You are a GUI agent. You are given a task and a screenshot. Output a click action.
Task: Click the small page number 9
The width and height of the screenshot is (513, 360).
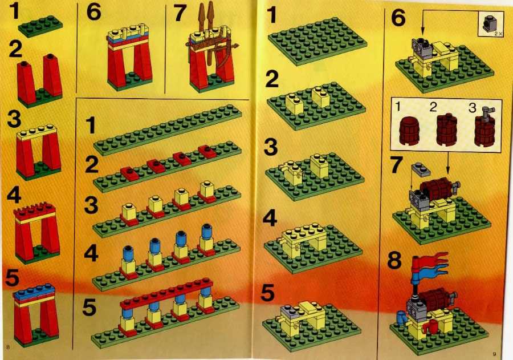[x=494, y=354]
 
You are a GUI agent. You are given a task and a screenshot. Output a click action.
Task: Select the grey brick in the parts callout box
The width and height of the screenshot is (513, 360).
[x=489, y=23]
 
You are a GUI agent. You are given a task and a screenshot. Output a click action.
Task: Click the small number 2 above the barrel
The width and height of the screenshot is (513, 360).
[x=433, y=107]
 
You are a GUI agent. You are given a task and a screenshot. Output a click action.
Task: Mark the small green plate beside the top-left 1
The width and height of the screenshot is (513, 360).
[x=40, y=26]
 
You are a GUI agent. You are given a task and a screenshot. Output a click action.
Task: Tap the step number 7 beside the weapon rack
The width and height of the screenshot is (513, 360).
[x=180, y=14]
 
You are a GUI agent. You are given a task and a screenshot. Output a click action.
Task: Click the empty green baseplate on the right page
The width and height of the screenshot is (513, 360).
[x=317, y=41]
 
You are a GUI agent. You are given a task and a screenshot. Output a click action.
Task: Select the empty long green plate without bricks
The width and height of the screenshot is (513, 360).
[x=168, y=130]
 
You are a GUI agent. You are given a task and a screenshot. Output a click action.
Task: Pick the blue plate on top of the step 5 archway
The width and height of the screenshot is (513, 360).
[x=35, y=291]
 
